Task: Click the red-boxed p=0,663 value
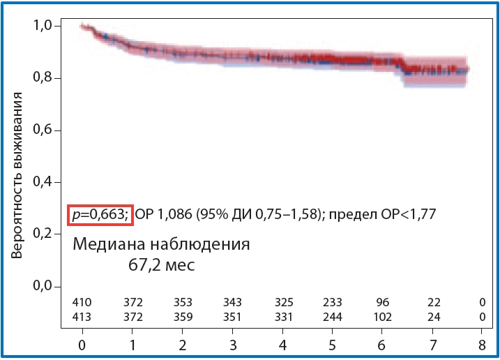(x=98, y=215)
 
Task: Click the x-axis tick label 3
(x=232, y=346)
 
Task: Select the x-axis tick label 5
(x=333, y=346)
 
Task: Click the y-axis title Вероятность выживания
(x=18, y=174)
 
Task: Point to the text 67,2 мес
(x=161, y=265)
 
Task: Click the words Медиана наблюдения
(x=161, y=246)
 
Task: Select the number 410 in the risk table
(x=82, y=302)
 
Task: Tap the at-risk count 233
(x=333, y=302)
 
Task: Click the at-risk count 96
(x=383, y=302)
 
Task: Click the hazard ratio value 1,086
(x=172, y=215)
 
